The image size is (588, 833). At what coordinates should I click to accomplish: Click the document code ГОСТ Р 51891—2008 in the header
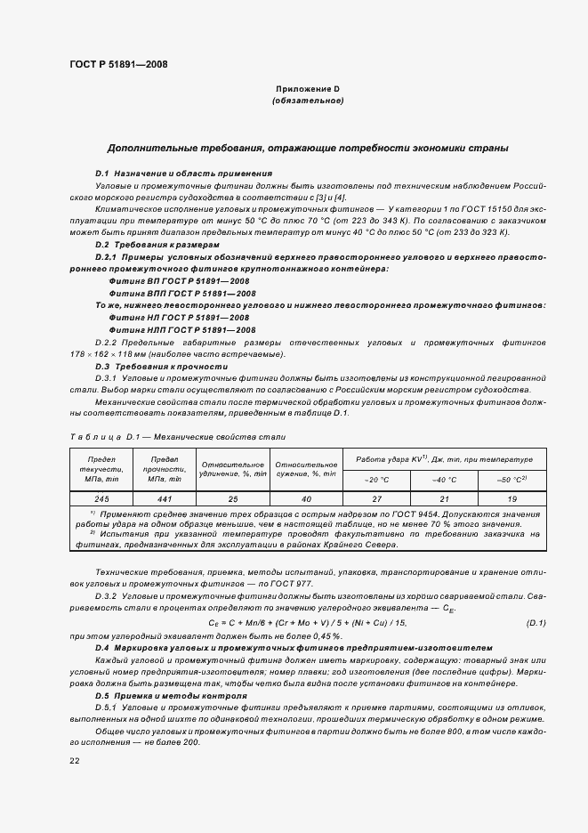click(x=118, y=64)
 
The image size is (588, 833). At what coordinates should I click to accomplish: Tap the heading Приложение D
click(x=307, y=90)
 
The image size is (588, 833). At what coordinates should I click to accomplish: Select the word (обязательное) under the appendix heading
click(x=307, y=101)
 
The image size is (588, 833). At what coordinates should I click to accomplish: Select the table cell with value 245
click(x=99, y=499)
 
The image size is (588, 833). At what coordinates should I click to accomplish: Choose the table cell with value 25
click(x=233, y=499)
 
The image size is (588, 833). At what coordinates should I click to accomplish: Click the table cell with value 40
click(x=305, y=499)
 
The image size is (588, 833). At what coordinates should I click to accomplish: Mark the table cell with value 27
click(x=375, y=499)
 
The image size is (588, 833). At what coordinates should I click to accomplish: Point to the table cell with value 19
click(x=511, y=499)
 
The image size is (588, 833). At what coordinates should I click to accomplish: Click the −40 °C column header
click(x=443, y=481)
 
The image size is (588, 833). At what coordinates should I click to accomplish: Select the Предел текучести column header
click(x=99, y=470)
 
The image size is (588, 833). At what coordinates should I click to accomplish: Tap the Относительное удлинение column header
click(x=233, y=470)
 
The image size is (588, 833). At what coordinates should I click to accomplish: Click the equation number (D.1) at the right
click(x=536, y=621)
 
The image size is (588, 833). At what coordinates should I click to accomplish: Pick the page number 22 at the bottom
click(x=75, y=760)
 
